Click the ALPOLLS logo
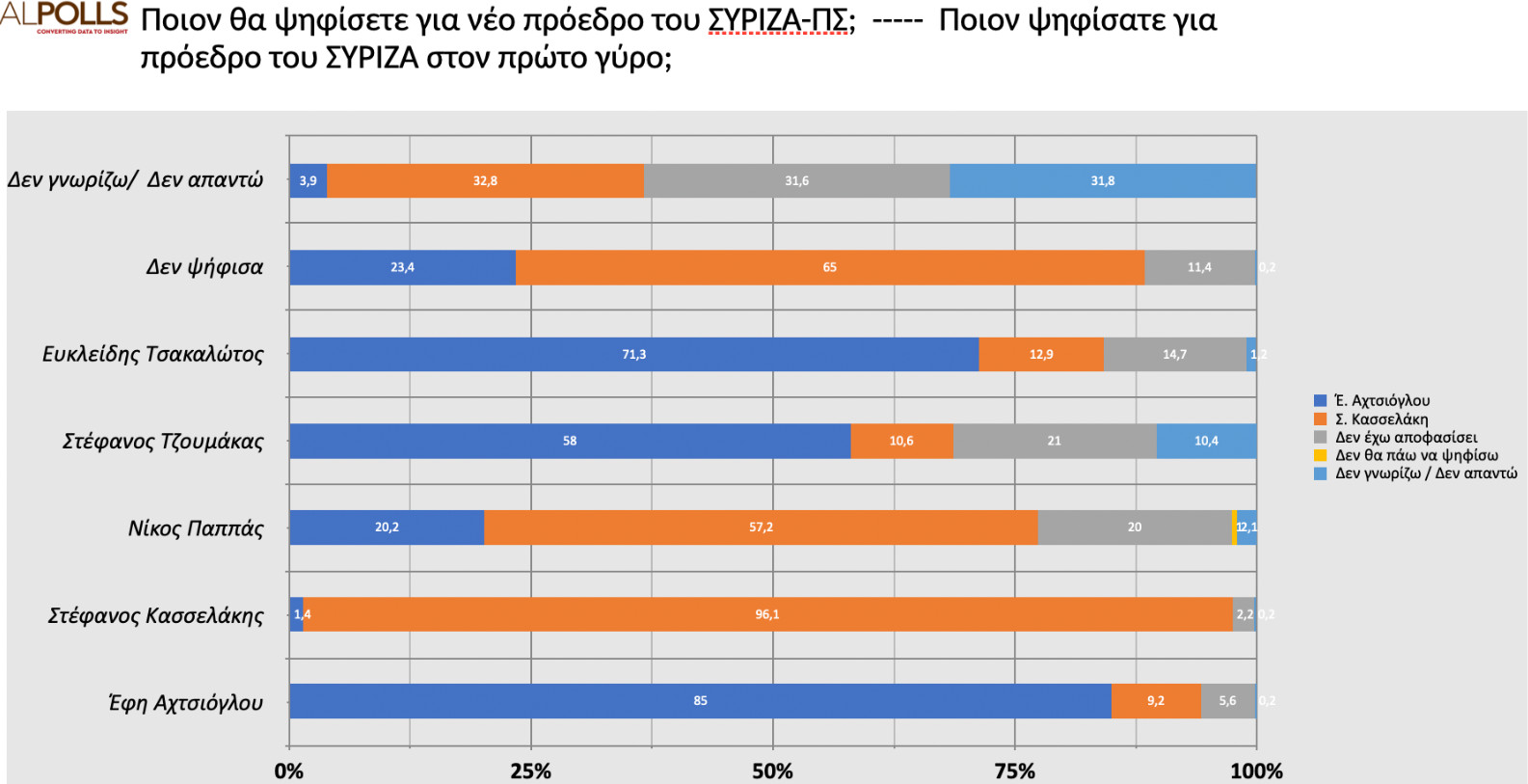[65, 16]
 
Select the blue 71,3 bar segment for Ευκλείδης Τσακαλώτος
[633, 354]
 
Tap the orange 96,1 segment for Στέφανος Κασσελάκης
[767, 614]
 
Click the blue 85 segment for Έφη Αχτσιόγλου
[700, 701]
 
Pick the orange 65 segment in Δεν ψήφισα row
[829, 267]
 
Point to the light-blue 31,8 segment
[1102, 180]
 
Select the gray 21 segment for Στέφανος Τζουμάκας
[1054, 441]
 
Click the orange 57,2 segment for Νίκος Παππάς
[761, 527]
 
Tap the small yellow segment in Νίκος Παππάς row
[1234, 527]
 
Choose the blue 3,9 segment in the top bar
[308, 180]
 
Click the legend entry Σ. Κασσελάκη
[1381, 419]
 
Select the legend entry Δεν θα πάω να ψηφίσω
[1415, 455]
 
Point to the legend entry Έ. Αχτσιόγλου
[1381, 400]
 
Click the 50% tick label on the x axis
[772, 771]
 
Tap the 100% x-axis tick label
[1256, 771]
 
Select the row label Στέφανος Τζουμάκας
[163, 442]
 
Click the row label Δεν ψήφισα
[204, 267]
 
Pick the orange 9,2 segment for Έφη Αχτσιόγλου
[1155, 701]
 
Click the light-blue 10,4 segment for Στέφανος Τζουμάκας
[1206, 441]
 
